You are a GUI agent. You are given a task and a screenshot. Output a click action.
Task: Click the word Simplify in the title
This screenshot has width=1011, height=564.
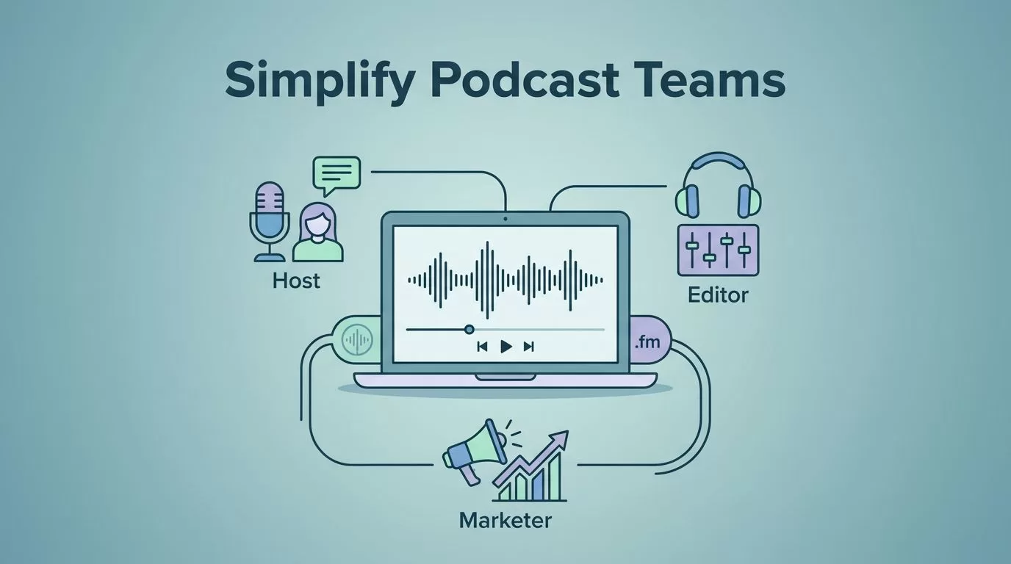pos(320,82)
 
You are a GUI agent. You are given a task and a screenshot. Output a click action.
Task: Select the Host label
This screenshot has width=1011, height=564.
pos(296,281)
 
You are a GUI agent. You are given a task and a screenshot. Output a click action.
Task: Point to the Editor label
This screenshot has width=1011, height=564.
pos(718,295)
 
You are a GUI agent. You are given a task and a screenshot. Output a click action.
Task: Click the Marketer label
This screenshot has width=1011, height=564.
pos(505,520)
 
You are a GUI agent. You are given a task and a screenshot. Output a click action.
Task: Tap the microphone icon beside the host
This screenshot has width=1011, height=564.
pos(270,222)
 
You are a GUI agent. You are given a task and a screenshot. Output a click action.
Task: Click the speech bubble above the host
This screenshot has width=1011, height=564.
pos(337,176)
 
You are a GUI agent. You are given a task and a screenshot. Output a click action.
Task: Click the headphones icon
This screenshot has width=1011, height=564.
pos(718,186)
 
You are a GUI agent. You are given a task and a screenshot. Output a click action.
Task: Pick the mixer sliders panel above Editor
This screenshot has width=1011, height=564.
pos(718,250)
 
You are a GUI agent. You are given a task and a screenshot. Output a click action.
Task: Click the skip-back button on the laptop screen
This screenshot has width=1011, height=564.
pos(482,347)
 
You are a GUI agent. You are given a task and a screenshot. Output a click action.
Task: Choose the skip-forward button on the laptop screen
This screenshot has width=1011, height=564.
pos(529,347)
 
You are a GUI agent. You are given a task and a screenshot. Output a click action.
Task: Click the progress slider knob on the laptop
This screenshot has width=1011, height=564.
pos(469,330)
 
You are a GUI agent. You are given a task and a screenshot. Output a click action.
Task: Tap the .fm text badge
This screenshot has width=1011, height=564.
pos(647,342)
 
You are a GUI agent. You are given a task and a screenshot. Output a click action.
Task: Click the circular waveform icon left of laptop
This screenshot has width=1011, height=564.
pos(357,339)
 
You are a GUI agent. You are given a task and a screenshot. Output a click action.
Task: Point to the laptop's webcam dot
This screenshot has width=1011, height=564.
pos(505,219)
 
